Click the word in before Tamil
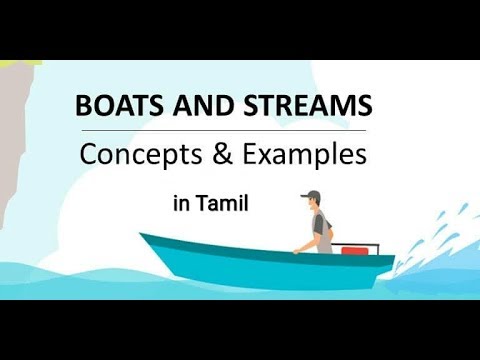pyautogui.click(x=181, y=204)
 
